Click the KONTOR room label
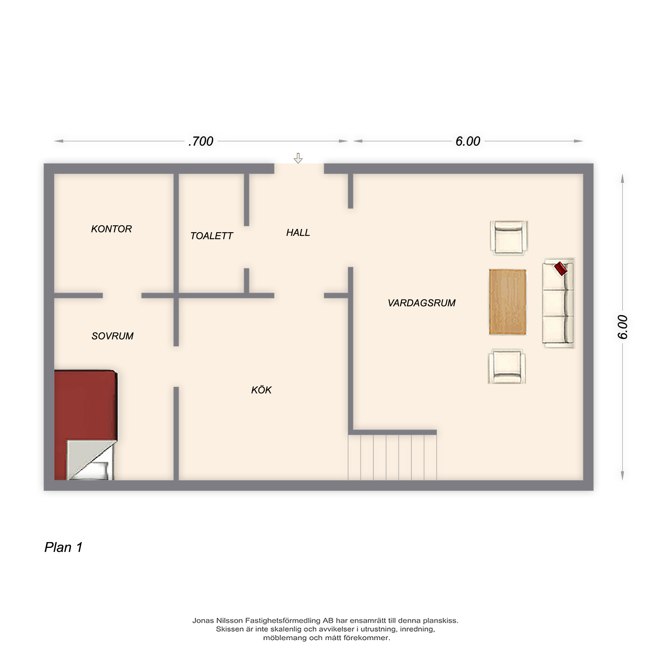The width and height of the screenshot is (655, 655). (112, 229)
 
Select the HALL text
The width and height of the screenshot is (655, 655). (298, 233)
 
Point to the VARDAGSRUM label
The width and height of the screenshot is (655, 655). (422, 303)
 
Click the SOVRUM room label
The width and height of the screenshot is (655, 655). (113, 336)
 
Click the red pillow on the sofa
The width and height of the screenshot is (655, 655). (561, 269)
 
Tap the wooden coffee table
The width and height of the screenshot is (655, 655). (508, 302)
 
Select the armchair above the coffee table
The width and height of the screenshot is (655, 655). (509, 238)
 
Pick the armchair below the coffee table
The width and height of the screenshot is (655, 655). (507, 367)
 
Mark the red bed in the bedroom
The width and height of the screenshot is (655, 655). (86, 425)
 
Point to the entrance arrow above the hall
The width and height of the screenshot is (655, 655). (298, 158)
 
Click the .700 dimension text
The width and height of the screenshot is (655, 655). (201, 141)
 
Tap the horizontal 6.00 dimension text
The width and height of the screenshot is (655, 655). (468, 141)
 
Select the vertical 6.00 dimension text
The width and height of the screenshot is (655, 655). (623, 327)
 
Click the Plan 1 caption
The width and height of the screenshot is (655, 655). (64, 548)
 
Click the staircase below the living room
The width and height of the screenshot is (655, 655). (392, 457)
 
